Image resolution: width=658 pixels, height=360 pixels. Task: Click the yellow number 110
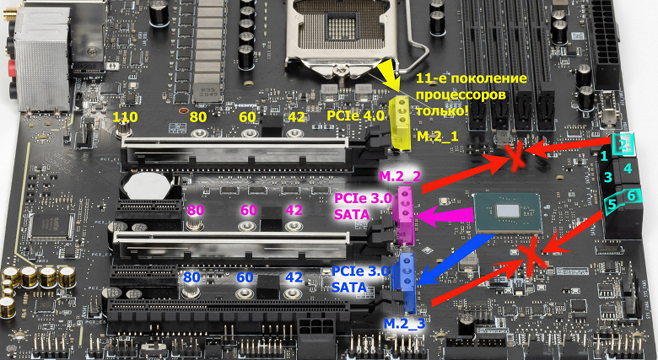126,116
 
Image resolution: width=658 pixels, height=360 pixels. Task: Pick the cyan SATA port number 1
604,156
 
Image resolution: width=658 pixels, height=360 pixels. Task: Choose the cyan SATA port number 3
606,177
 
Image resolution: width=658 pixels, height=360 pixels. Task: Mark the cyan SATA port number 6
633,196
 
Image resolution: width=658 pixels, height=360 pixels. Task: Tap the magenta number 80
197,210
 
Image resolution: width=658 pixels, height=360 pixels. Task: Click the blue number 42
295,277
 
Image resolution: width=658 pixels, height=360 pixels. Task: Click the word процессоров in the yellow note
462,94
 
